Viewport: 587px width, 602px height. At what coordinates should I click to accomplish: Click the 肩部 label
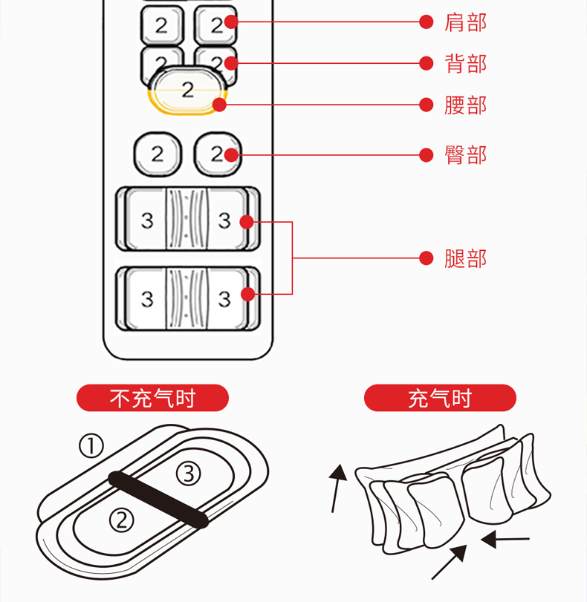[465, 22]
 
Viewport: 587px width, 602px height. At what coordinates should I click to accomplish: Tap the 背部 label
[465, 63]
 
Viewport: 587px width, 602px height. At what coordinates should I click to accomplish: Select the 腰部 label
[465, 105]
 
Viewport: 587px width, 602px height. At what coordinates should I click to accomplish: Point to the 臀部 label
[465, 154]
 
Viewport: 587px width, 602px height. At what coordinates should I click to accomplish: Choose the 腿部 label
[465, 258]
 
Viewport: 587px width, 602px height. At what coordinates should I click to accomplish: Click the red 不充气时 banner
[152, 398]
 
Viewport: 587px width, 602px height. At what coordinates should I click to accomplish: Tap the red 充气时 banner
[440, 398]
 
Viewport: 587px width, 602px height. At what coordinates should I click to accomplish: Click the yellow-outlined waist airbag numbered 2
[187, 91]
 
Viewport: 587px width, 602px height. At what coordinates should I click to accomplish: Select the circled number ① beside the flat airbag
[91, 445]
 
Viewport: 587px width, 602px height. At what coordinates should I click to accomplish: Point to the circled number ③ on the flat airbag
[188, 472]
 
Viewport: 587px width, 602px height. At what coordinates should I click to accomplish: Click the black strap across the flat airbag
[158, 500]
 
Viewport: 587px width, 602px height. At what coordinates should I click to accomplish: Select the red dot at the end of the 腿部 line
[426, 258]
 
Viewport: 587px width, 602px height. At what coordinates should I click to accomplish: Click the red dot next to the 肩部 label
[426, 22]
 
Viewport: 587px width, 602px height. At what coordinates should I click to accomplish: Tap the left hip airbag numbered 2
[157, 154]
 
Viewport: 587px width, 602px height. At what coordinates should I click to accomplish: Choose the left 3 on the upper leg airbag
[147, 220]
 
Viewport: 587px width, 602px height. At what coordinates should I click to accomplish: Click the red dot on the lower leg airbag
[248, 295]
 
